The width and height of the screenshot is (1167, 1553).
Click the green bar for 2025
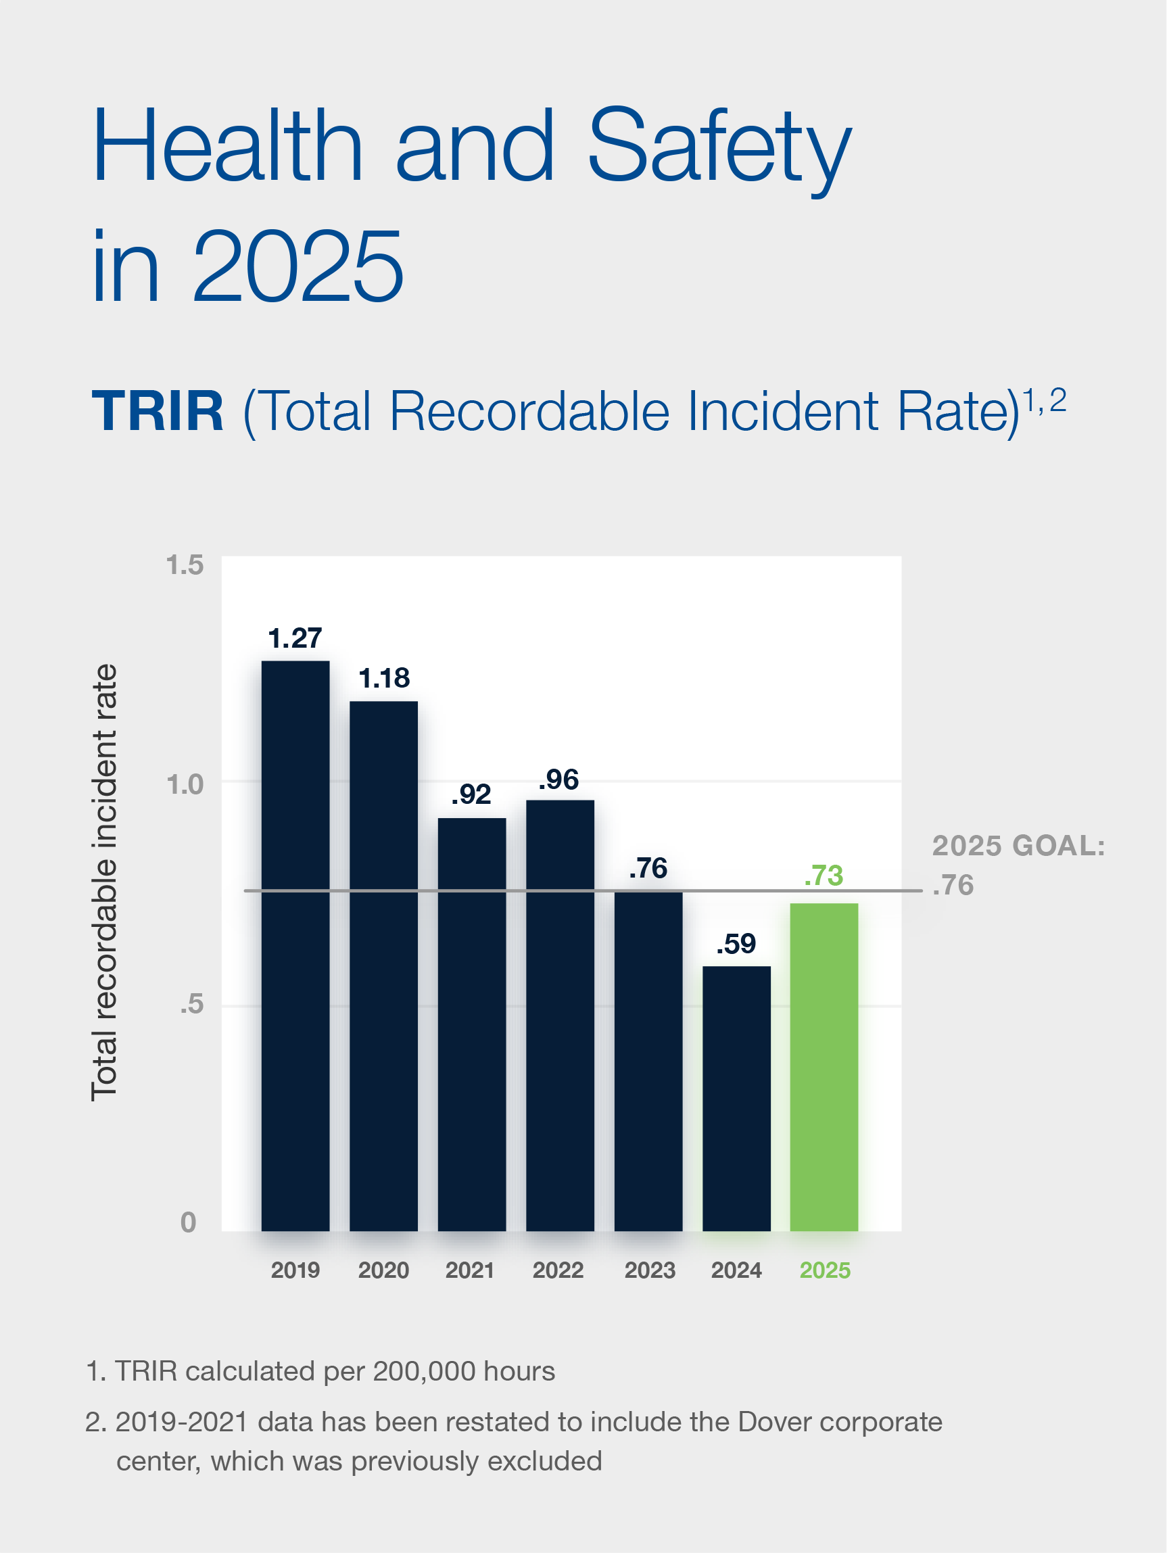pyautogui.click(x=824, y=1067)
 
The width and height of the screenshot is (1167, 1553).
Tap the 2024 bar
pyautogui.click(x=736, y=1099)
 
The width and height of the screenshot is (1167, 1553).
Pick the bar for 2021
pyautogui.click(x=472, y=1024)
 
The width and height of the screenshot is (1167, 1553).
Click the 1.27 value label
pyautogui.click(x=295, y=638)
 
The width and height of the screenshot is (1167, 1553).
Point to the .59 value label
pyautogui.click(x=736, y=944)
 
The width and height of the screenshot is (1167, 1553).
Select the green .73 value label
pyautogui.click(x=824, y=876)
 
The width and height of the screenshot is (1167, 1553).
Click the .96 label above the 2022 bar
pyautogui.click(x=559, y=780)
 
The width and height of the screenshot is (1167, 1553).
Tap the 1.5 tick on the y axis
pyautogui.click(x=185, y=565)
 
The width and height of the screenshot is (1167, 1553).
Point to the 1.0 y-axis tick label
pyautogui.click(x=185, y=784)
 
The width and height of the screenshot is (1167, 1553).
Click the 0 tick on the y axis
pyautogui.click(x=188, y=1222)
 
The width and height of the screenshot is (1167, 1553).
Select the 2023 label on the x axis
pyautogui.click(x=650, y=1270)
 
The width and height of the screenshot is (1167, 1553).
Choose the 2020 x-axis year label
pyautogui.click(x=383, y=1270)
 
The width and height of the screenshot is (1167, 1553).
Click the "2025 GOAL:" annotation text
pyautogui.click(x=1018, y=846)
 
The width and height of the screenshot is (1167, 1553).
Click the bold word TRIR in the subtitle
pyautogui.click(x=158, y=412)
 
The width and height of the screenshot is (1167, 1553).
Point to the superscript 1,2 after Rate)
pyautogui.click(x=1044, y=401)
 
